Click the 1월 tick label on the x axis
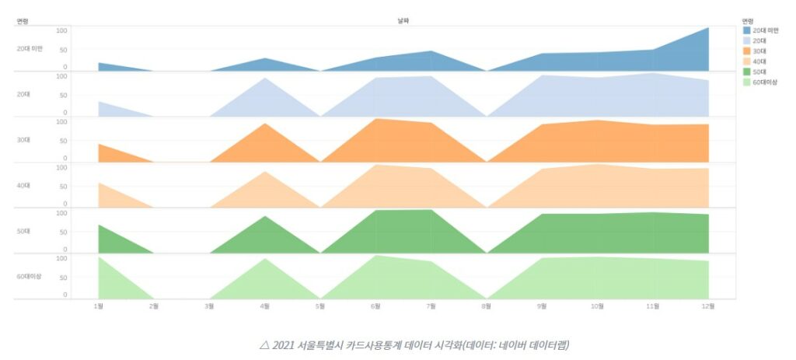[x=99, y=306]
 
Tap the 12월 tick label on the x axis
[x=709, y=306]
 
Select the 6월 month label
[x=376, y=306]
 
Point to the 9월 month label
[x=543, y=306]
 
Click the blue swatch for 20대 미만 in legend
[x=747, y=30]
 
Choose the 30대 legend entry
[x=760, y=51]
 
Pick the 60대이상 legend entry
[x=766, y=81]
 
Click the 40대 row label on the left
[x=23, y=186]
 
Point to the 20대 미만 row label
[x=29, y=48]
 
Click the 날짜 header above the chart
[x=403, y=21]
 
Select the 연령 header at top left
[x=23, y=21]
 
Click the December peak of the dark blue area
[x=708, y=29]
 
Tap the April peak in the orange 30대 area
[x=266, y=124]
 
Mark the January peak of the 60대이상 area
[x=99, y=258]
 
